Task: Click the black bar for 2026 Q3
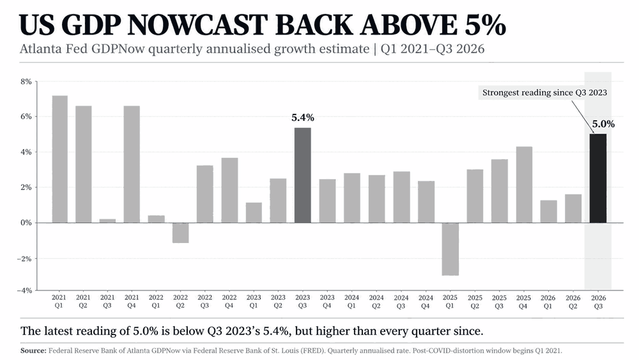click(x=598, y=178)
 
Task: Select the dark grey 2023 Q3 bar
click(x=302, y=175)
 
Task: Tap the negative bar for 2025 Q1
click(x=450, y=249)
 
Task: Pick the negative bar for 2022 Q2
click(x=181, y=233)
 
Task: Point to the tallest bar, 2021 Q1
click(x=60, y=159)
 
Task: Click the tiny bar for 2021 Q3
click(x=107, y=221)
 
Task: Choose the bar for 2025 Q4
click(x=524, y=185)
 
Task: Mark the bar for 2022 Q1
click(x=157, y=219)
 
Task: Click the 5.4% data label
click(x=303, y=118)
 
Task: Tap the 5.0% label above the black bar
click(x=603, y=124)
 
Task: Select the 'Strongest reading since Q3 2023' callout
click(x=544, y=93)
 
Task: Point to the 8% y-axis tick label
click(x=26, y=82)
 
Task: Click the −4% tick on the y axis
click(x=24, y=290)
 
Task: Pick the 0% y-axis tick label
click(x=26, y=223)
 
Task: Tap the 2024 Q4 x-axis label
click(x=426, y=302)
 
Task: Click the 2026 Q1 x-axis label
click(x=548, y=302)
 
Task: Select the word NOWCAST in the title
click(x=199, y=25)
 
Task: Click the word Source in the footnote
click(x=33, y=350)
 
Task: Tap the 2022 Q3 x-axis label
click(x=204, y=302)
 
